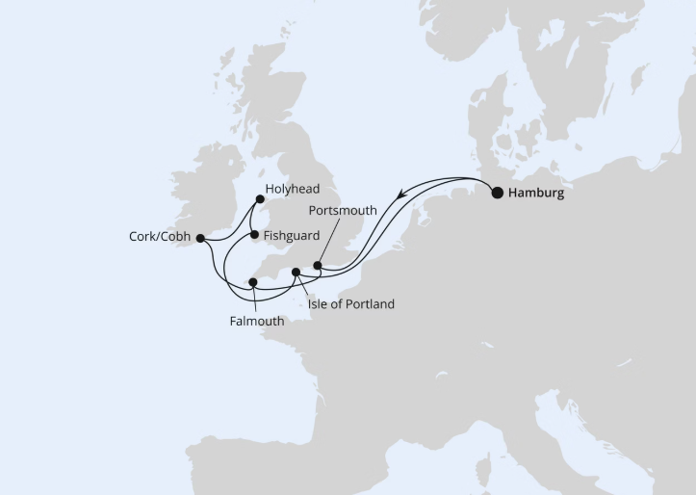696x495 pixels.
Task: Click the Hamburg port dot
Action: tap(497, 193)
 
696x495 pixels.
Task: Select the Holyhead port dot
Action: tap(259, 201)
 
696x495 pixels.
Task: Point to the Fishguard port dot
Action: tap(253, 233)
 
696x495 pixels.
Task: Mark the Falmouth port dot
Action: tap(252, 282)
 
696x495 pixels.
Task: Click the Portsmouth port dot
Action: tap(318, 267)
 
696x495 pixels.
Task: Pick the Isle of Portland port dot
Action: tap(296, 273)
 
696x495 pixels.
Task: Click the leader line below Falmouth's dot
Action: tap(252, 300)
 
